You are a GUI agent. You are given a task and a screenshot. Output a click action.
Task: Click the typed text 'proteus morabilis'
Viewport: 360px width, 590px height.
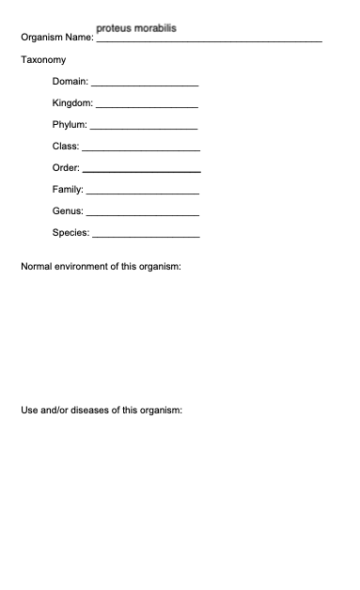point(135,28)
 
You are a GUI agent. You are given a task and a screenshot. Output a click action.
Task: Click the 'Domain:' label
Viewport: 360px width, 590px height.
point(70,82)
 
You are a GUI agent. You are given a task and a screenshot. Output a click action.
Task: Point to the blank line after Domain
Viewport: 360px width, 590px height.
point(144,85)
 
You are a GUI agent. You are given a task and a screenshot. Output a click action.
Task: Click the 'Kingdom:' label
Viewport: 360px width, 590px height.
point(73,103)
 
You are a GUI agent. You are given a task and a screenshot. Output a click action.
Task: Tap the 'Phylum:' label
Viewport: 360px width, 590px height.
point(70,125)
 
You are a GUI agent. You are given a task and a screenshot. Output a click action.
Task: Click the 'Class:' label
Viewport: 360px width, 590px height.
point(66,147)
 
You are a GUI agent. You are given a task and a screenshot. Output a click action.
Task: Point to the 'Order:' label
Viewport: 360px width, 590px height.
point(67,168)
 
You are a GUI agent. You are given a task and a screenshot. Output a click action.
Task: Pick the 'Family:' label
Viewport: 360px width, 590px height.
point(69,190)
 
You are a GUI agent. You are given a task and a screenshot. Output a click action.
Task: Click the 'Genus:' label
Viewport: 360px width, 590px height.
point(69,211)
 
